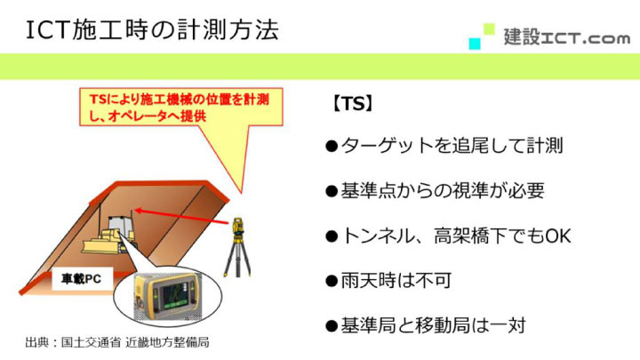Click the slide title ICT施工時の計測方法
click(x=151, y=29)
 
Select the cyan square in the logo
click(x=476, y=43)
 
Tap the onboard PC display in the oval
click(x=168, y=294)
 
